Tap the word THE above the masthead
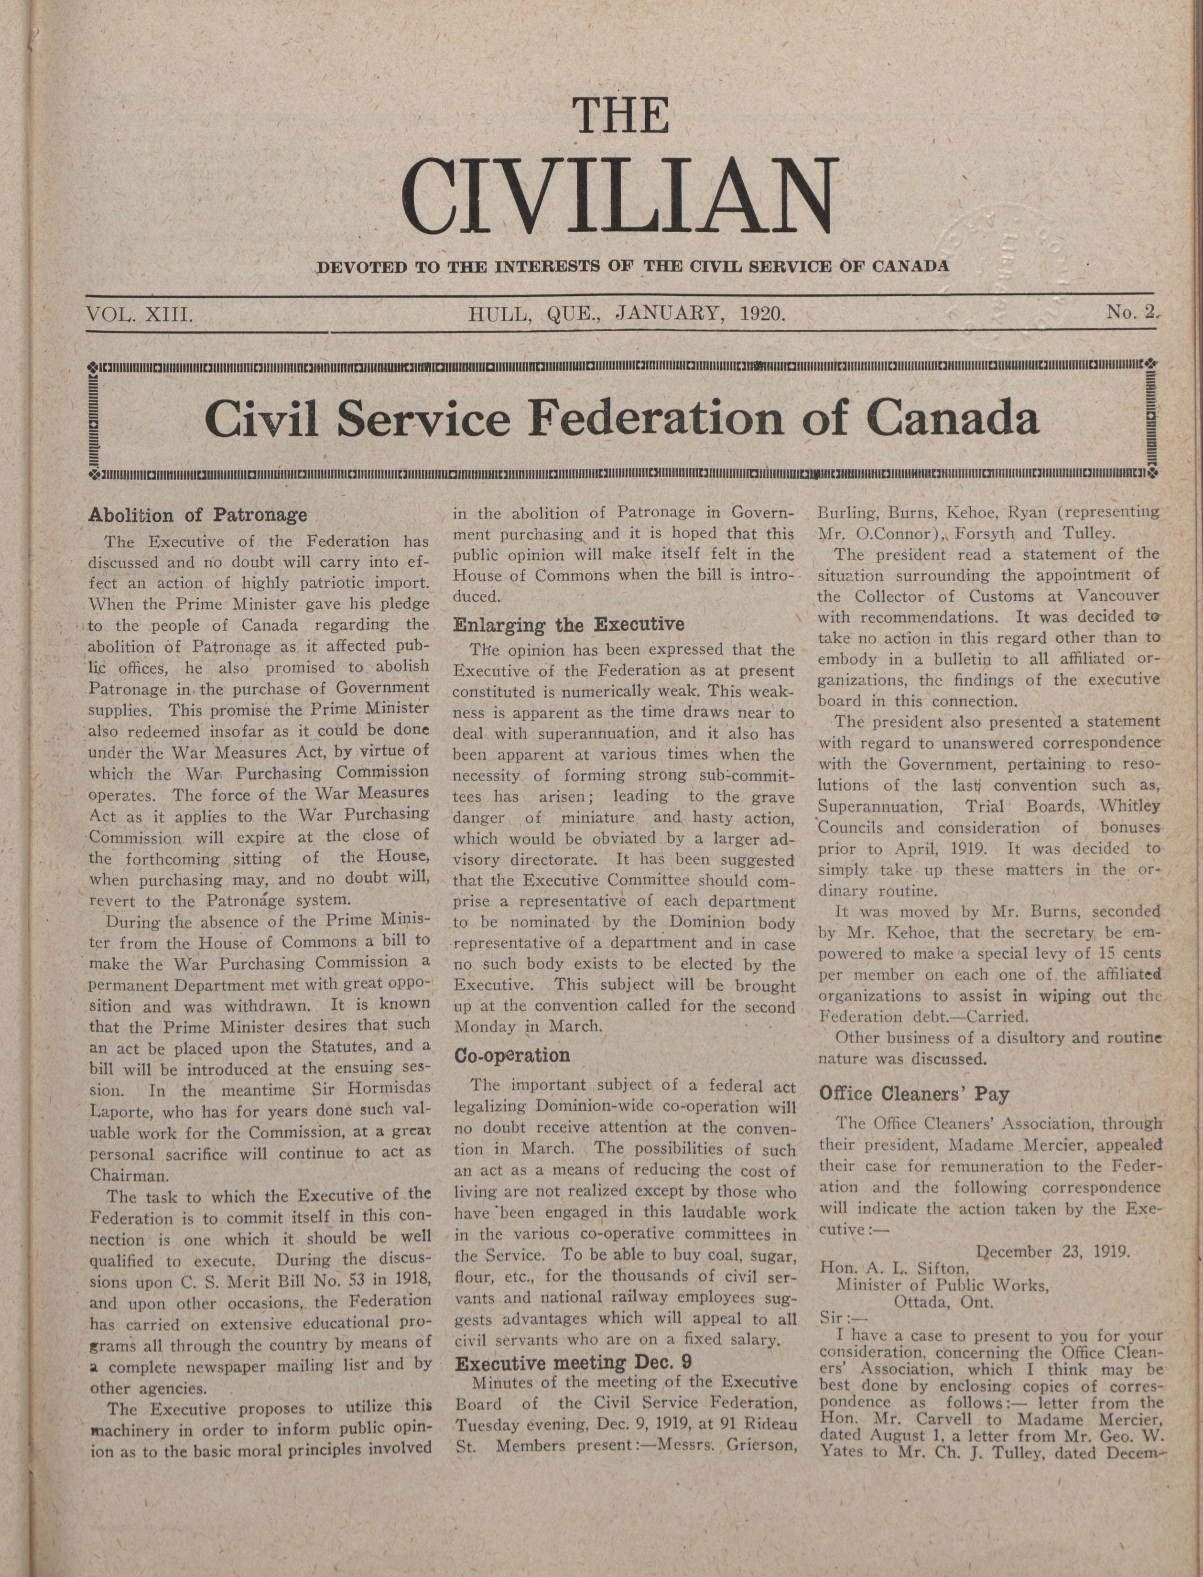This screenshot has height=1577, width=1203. [x=621, y=116]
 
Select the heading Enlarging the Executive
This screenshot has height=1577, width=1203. [x=569, y=624]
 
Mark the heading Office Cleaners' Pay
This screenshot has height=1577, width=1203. [x=914, y=1094]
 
